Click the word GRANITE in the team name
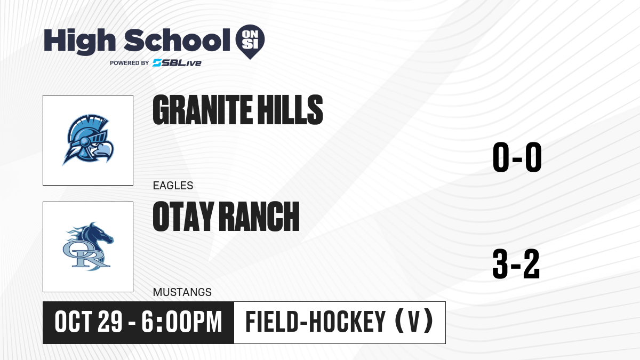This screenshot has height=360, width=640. click(203, 110)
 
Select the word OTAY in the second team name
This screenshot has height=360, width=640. click(183, 217)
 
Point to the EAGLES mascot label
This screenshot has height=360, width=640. click(173, 186)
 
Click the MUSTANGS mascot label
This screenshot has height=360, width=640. click(182, 292)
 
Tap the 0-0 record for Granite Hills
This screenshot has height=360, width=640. click(517, 157)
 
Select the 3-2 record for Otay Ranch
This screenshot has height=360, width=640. click(516, 263)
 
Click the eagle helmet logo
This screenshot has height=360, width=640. click(88, 140)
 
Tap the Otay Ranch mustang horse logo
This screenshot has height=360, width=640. click(88, 246)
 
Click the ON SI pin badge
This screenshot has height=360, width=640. click(250, 42)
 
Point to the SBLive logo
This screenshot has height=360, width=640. click(177, 63)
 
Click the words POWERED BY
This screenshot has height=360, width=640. click(130, 63)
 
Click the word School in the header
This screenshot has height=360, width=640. click(177, 40)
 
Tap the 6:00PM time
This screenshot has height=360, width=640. click(182, 322)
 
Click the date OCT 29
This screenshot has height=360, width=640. click(89, 322)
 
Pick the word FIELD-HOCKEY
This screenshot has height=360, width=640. click(316, 322)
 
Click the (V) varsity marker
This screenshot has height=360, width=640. click(414, 322)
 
